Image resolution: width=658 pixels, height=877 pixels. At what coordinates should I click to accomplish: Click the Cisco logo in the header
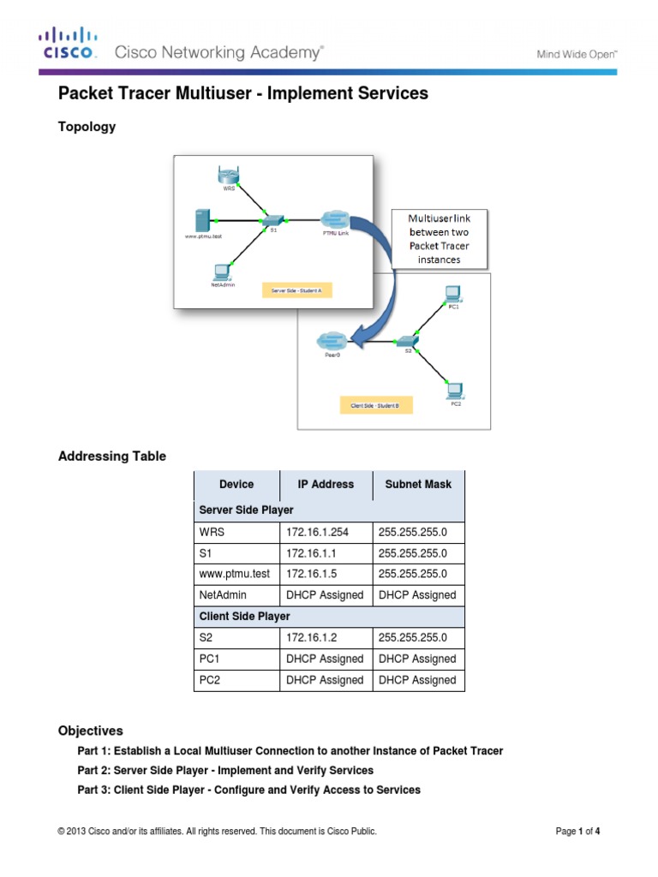pos(66,44)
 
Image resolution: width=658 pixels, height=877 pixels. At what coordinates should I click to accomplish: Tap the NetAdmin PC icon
pos(222,271)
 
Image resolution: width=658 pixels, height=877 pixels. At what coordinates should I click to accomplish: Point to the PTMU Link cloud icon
pos(334,218)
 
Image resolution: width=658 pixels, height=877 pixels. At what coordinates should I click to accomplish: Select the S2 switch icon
pos(409,342)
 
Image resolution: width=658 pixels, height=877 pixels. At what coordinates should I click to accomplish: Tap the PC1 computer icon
pos(453,294)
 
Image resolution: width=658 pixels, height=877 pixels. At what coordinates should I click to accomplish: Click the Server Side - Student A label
pos(296,291)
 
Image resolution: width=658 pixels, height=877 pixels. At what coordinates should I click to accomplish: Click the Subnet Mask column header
pos(418,484)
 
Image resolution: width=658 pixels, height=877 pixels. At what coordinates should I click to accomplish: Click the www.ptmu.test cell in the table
pos(234,574)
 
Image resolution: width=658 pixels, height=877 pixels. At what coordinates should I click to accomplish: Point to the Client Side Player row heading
pos(244,617)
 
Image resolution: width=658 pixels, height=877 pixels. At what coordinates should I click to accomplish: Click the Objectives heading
pos(90,731)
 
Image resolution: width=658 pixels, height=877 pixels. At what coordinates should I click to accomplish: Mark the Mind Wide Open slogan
pos(577,53)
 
